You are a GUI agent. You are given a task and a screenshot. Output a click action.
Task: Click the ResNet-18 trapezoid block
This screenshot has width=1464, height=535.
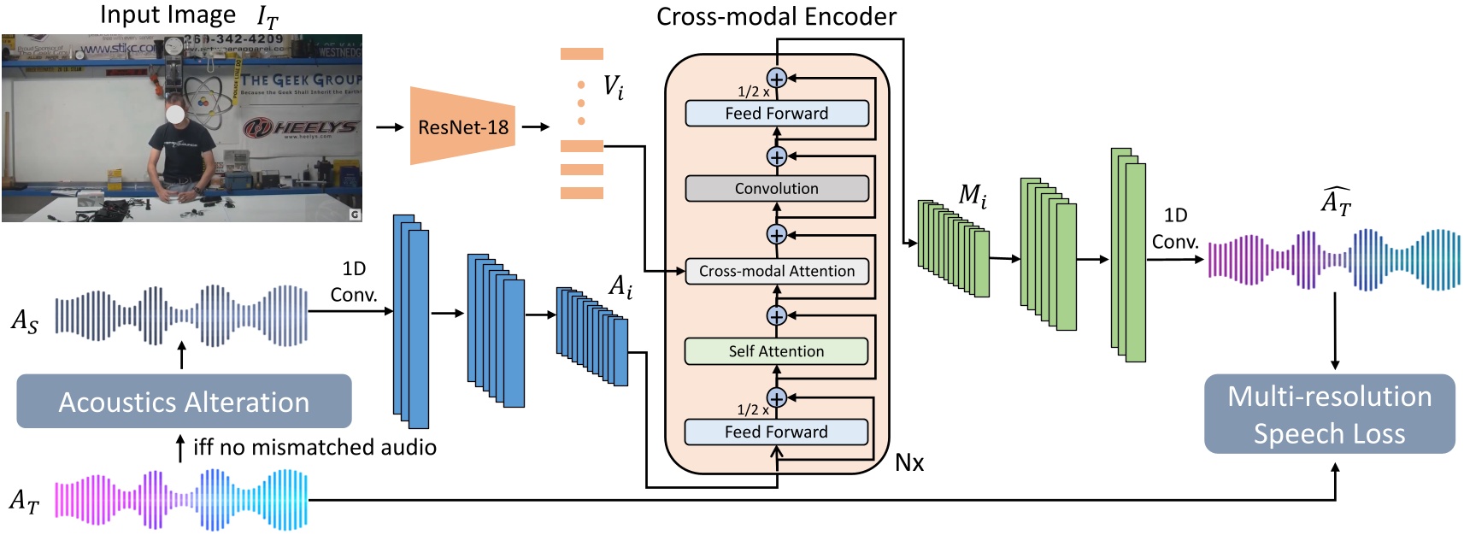click(462, 126)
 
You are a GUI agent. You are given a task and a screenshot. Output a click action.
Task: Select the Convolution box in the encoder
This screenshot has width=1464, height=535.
click(776, 188)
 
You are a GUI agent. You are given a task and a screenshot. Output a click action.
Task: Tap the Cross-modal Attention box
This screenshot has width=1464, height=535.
click(776, 271)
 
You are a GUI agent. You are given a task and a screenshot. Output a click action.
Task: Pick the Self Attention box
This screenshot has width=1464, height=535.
click(776, 351)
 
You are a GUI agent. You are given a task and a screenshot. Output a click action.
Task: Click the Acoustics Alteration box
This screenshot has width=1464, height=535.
click(184, 402)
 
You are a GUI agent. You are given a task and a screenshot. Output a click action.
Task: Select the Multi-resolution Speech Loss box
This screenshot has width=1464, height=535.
click(1329, 414)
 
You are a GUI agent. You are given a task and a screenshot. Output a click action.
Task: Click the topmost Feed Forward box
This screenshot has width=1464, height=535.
click(776, 114)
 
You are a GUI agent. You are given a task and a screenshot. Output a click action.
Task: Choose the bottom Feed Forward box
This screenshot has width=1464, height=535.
click(776, 432)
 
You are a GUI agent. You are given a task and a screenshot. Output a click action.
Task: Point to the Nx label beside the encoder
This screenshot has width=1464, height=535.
click(908, 462)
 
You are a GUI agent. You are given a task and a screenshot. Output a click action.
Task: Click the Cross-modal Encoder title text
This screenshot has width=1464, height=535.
click(776, 16)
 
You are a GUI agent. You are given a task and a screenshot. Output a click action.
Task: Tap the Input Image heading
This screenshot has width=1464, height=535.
click(168, 15)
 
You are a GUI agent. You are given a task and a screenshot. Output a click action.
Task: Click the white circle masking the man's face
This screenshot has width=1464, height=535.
click(175, 113)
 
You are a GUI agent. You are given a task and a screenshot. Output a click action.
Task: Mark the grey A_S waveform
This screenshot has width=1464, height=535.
click(181, 315)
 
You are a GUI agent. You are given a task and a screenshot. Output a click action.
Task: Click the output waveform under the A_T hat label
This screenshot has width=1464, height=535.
click(1333, 259)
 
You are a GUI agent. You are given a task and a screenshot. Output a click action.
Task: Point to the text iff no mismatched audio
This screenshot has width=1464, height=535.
click(315, 447)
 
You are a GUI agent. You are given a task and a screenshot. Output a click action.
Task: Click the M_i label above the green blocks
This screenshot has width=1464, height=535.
click(972, 197)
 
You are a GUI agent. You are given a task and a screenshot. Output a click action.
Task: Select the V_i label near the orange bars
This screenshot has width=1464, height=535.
click(613, 86)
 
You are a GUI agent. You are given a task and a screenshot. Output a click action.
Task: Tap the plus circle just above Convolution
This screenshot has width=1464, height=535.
click(776, 156)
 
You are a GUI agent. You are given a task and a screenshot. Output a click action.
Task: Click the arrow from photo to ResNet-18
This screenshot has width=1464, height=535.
click(390, 127)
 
